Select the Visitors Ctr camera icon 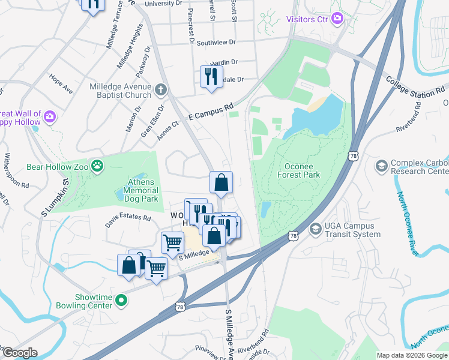337,19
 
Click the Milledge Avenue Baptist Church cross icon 160,91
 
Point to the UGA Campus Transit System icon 316,229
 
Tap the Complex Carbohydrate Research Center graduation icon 381,165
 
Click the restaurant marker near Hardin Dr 211,76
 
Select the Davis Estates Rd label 127,218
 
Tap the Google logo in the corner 19,353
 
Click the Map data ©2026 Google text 411,355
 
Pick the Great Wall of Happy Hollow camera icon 49,115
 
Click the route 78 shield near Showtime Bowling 180,307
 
